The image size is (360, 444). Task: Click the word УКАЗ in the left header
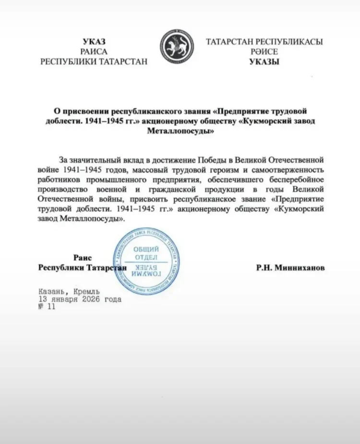[x=94, y=42]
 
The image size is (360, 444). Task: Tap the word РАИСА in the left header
[x=94, y=51]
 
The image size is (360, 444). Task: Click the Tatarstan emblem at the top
[x=177, y=46]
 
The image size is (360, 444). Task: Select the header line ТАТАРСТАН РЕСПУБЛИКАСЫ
[x=264, y=42]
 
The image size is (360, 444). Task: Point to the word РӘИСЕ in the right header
[x=264, y=51]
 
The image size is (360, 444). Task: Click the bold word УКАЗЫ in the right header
[x=264, y=62]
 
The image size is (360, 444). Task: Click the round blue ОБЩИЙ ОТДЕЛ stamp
[x=146, y=261]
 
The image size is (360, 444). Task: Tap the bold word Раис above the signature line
[x=83, y=257]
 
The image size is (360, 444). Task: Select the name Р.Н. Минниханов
[x=290, y=268]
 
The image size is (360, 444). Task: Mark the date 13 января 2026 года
[x=80, y=299]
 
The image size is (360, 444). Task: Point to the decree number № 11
[x=47, y=307]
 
